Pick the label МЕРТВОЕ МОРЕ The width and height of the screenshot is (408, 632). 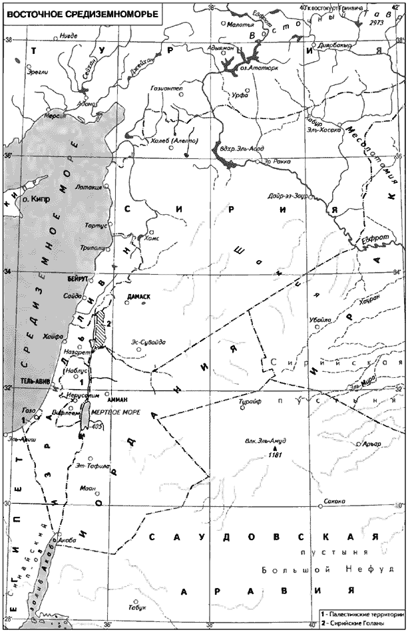point(114,412)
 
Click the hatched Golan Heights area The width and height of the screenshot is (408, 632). point(101,330)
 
